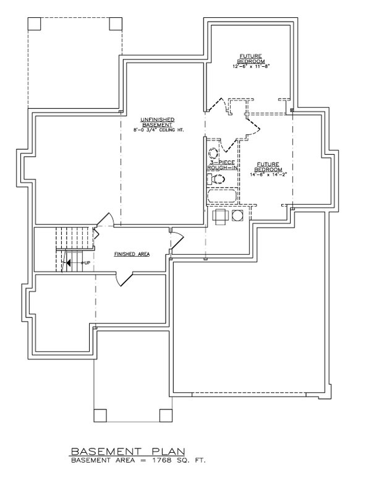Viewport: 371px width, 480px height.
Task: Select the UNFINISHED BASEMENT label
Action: (x=157, y=121)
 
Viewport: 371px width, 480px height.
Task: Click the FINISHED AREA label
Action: (x=131, y=254)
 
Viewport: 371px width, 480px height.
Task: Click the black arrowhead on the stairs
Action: (x=69, y=263)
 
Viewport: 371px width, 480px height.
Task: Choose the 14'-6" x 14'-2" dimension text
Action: (x=269, y=175)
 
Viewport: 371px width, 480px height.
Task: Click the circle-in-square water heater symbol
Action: (x=237, y=215)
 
